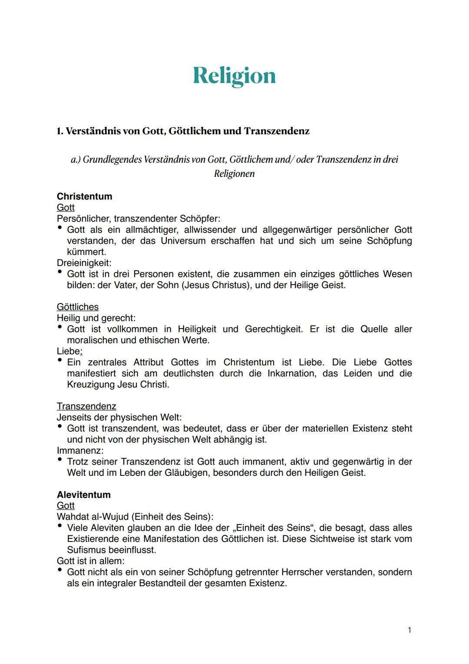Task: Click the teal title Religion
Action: point(234,76)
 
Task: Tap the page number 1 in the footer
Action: point(410,630)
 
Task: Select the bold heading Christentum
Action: point(84,196)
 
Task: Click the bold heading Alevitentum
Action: point(83,495)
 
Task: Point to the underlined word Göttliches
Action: point(78,307)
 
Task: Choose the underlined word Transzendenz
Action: point(86,406)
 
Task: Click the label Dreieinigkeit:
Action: point(84,263)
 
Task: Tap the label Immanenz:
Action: point(80,451)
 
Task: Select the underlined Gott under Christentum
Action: point(66,208)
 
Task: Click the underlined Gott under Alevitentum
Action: point(66,506)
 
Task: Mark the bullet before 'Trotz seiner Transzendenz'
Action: point(60,460)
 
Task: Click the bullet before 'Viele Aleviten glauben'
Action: point(60,526)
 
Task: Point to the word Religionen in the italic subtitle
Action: point(234,174)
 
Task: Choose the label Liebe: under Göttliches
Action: point(69,351)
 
